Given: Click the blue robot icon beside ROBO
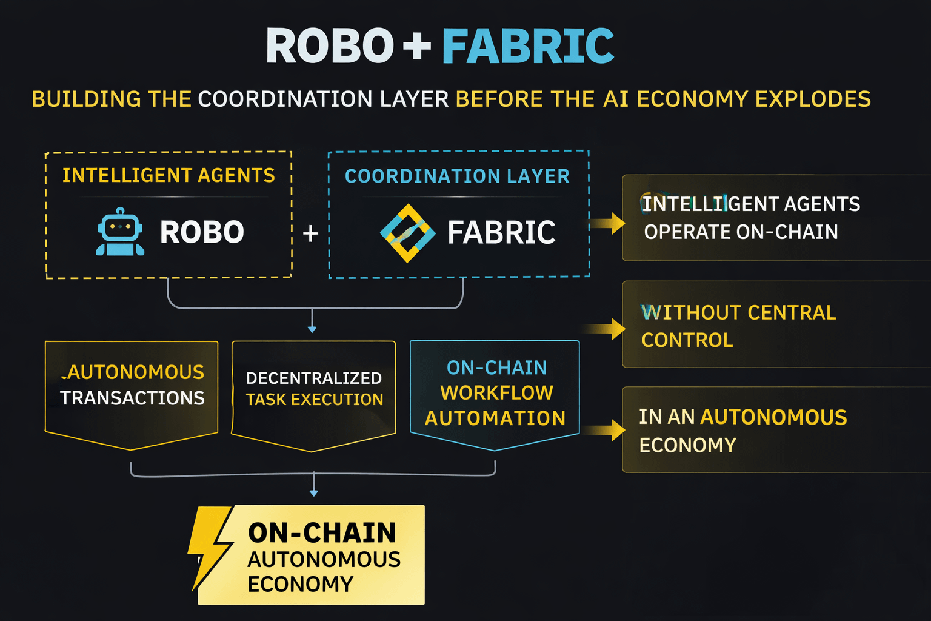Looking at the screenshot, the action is [x=120, y=232].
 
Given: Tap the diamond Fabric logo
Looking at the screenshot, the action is [x=407, y=233].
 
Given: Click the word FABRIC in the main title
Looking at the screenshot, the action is [x=527, y=46].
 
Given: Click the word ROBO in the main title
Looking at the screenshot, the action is [x=330, y=46].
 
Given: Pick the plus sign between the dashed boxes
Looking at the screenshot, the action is [x=310, y=233].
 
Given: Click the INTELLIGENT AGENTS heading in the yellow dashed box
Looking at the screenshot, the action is [x=169, y=175].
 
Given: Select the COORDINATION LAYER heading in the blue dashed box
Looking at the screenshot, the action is [x=457, y=176].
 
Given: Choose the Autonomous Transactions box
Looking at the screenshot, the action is [x=132, y=391].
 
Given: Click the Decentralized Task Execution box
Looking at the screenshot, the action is [x=314, y=391].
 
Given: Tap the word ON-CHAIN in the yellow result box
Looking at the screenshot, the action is [x=322, y=533].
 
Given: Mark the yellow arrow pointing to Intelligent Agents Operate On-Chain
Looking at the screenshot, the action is [x=609, y=223].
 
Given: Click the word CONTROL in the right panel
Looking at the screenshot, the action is [x=687, y=340].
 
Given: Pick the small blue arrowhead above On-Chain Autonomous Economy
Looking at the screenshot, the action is [x=313, y=493].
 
